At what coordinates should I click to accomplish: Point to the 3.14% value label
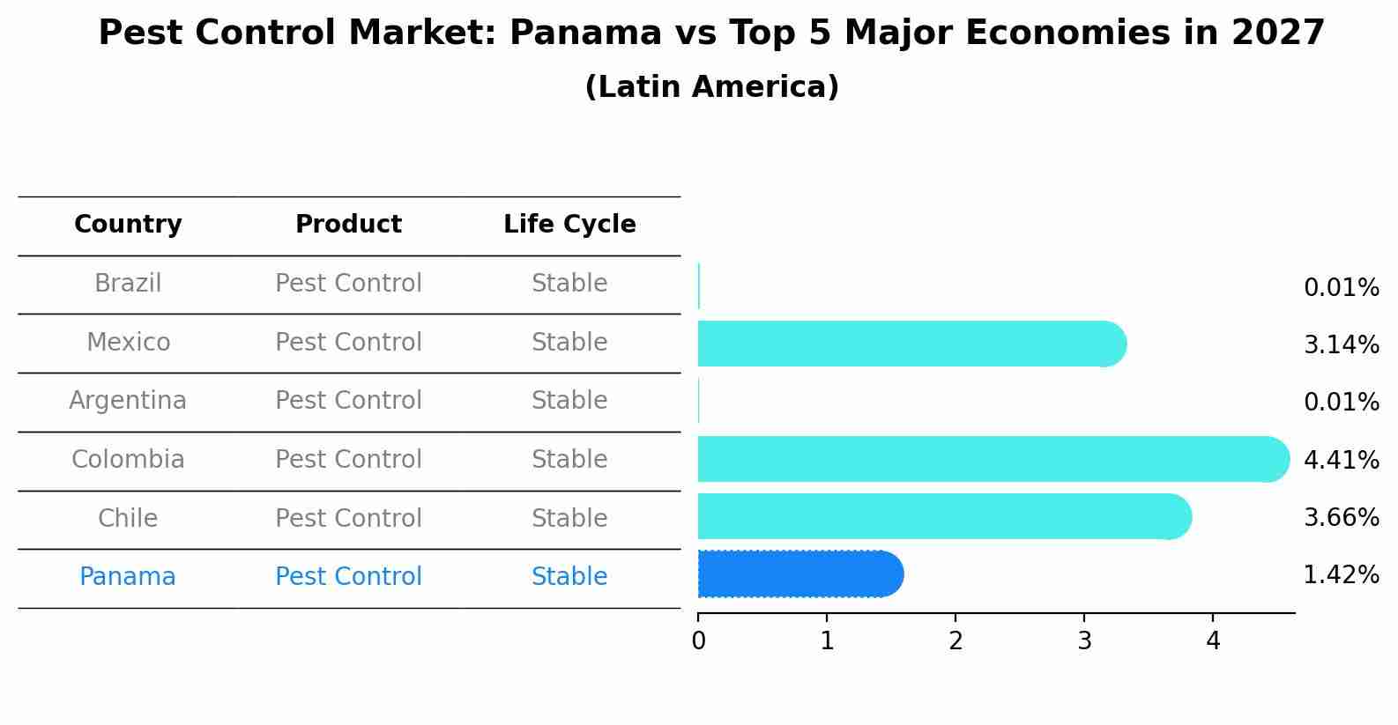[x=1341, y=344]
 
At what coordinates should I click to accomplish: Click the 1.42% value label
[x=1341, y=575]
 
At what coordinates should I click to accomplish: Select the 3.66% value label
[x=1341, y=517]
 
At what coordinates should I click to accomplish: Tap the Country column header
[x=128, y=225]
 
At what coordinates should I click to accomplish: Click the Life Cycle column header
[x=569, y=225]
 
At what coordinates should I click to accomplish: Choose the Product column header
[x=348, y=225]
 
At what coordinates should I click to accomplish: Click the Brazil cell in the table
[x=128, y=284]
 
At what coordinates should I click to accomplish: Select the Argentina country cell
[x=128, y=401]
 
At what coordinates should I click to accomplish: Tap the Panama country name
[x=128, y=577]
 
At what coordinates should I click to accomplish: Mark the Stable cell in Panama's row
[x=569, y=577]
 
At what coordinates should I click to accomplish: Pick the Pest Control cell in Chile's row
[x=348, y=518]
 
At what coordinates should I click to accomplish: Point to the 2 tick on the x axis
[x=956, y=640]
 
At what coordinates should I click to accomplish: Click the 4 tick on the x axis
[x=1213, y=640]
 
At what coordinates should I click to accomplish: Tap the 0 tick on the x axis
[x=698, y=640]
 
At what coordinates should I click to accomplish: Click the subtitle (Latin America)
[x=711, y=87]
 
